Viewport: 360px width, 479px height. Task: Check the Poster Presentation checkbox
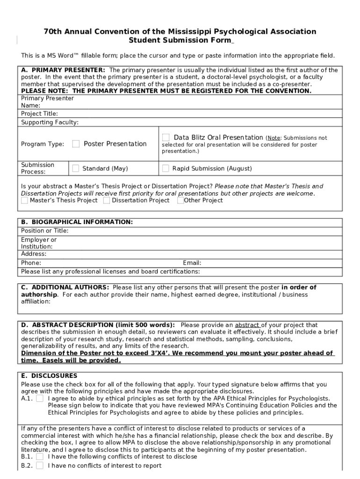coord(76,144)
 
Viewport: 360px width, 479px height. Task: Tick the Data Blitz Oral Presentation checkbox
coord(166,138)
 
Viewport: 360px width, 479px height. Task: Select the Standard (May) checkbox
coord(75,168)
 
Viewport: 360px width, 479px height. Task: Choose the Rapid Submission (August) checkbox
coord(166,168)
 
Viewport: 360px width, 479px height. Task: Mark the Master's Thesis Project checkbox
coord(24,201)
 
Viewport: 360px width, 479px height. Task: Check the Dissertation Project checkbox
coord(107,201)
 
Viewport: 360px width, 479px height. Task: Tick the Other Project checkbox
coord(180,201)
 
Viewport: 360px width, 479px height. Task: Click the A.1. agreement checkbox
coord(40,398)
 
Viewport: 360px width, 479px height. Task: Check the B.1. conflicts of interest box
coord(40,457)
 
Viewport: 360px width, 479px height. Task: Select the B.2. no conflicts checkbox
coord(40,465)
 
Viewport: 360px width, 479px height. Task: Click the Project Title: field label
coord(39,114)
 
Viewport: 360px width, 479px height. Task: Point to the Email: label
coord(192,263)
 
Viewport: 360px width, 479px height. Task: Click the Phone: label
coord(31,263)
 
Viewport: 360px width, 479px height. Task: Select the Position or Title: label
coord(44,231)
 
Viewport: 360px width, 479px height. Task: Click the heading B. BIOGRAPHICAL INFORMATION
coord(77,222)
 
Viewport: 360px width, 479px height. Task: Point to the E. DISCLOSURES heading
coord(49,376)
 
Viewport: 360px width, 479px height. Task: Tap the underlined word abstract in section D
coord(247,325)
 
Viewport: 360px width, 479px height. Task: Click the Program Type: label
coord(43,144)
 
